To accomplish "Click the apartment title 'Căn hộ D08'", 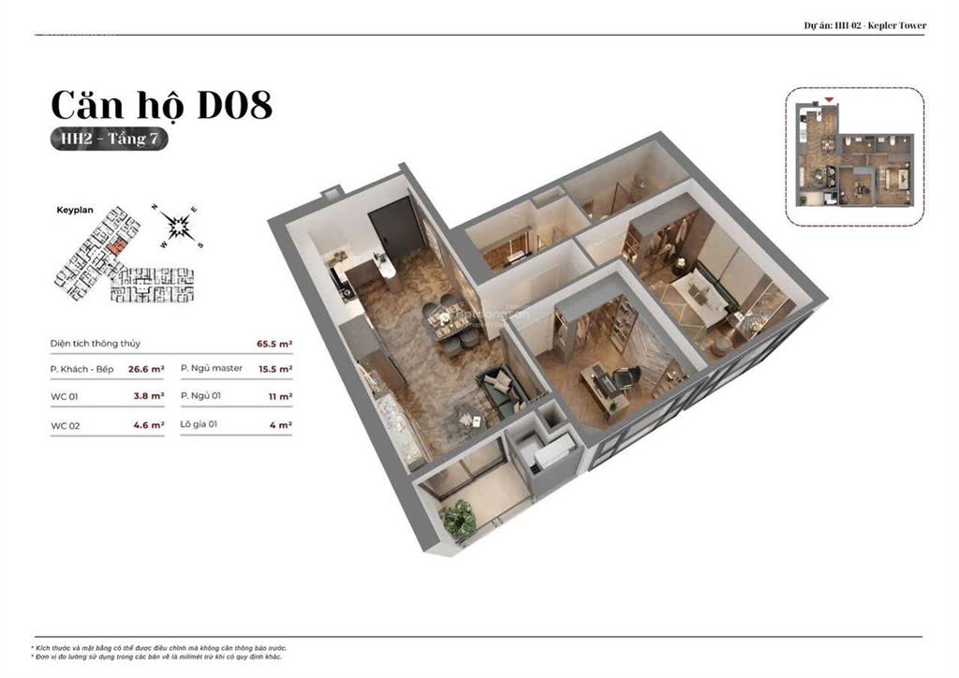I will point(160,105).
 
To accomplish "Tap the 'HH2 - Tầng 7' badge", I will point(110,139).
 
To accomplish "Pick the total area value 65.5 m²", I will point(274,344).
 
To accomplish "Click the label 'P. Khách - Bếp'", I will point(82,369).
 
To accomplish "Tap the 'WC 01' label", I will point(65,396).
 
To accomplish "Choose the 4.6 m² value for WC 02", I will point(148,426).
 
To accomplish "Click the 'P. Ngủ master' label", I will point(212,368).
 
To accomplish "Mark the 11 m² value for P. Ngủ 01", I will point(281,396).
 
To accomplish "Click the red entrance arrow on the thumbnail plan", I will point(829,98).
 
